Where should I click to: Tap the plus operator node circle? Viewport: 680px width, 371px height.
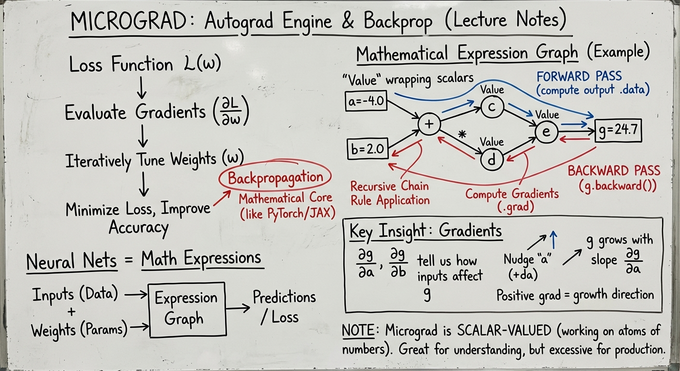coord(429,124)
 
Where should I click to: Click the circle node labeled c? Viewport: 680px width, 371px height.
coord(492,108)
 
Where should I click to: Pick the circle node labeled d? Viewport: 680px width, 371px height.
coord(492,160)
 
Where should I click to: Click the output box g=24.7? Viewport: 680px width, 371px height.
coord(618,131)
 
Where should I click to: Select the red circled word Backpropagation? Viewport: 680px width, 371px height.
coord(275,178)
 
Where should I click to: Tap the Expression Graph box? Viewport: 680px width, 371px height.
coord(186,309)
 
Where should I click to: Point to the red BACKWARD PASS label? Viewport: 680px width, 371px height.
coord(614,171)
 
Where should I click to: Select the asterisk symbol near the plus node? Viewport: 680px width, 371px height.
coord(462,136)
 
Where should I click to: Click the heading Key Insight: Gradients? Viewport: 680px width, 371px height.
coord(425,231)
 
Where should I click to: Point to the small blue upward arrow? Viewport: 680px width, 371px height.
coord(554,239)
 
